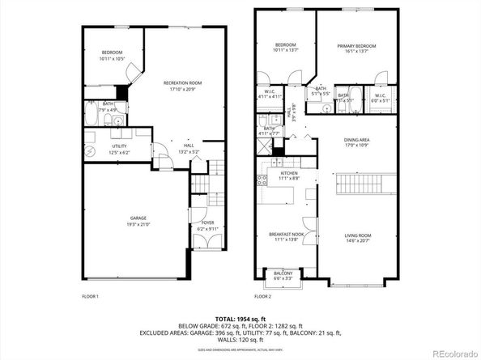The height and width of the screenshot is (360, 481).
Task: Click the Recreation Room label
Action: [182, 83]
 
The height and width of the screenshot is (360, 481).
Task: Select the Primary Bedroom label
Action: [357, 46]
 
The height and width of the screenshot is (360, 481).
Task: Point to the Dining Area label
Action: [356, 140]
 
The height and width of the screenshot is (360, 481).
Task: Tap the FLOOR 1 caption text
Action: [90, 297]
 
